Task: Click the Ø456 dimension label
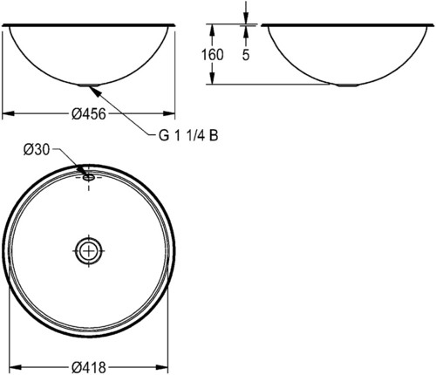pos(89,114)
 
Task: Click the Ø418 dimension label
pos(89,367)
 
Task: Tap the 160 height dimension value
pos(213,55)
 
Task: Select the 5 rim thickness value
pos(246,55)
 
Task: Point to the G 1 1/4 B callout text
pos(188,135)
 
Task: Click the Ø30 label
pos(37,150)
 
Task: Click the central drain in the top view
pos(89,250)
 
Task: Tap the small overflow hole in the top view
pos(89,177)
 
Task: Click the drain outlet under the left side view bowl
pos(89,85)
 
